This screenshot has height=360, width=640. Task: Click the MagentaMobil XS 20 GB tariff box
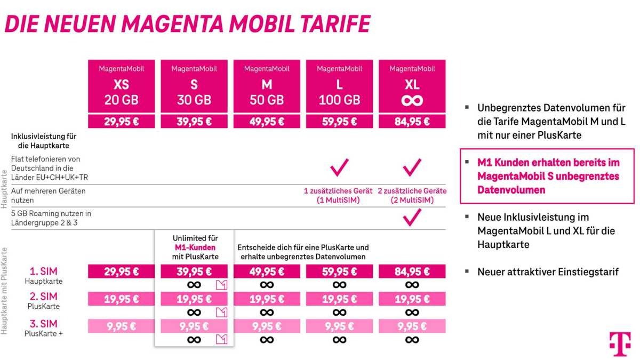121,86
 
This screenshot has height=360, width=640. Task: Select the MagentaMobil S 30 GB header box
194,86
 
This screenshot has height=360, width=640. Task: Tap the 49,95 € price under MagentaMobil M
267,121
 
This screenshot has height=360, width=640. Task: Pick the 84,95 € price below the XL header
412,121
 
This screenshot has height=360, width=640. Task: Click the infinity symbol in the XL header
412,100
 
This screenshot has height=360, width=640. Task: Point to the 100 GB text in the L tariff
339,100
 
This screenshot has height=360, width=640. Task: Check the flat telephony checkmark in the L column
339,168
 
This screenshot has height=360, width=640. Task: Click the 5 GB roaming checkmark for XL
412,217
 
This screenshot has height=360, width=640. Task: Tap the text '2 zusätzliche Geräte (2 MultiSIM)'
412,195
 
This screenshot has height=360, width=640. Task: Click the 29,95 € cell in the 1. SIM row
121,271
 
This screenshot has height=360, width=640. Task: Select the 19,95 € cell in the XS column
121,298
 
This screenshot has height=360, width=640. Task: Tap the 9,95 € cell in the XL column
412,325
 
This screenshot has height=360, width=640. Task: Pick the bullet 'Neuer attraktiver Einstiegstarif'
548,272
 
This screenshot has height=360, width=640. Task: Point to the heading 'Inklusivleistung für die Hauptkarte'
40,141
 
